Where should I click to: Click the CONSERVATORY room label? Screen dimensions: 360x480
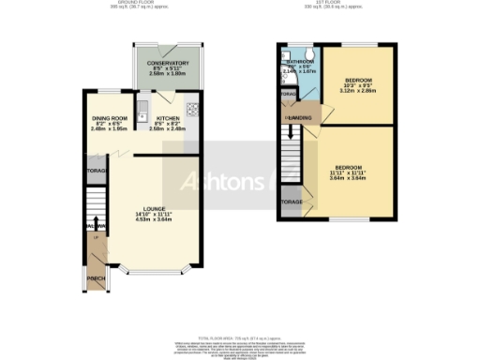(x=163, y=64)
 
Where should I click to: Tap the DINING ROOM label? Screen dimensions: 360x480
(x=109, y=118)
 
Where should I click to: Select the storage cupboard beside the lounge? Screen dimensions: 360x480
(x=96, y=172)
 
